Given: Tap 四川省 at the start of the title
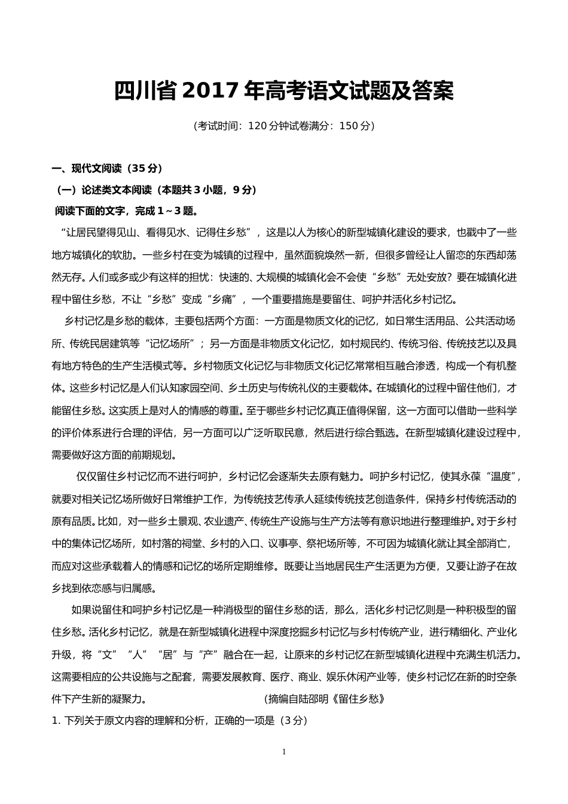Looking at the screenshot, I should click(144, 91).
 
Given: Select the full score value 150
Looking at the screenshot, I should click(347, 126).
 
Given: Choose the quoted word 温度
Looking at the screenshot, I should click(501, 477).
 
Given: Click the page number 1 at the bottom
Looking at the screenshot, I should click(284, 752).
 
